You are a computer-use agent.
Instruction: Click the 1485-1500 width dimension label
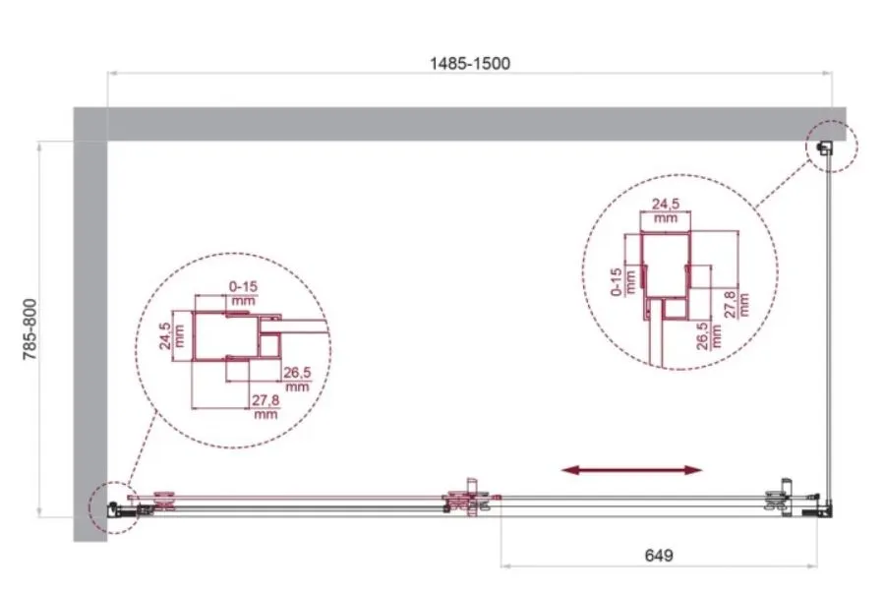470,63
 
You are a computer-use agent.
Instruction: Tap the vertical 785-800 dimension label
29,329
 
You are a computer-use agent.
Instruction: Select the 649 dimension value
658,555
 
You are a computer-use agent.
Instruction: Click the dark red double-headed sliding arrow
632,470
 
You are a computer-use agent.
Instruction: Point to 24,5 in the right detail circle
665,204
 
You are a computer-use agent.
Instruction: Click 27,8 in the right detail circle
730,304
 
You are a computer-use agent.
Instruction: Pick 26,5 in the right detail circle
702,336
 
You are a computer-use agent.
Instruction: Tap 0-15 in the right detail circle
617,281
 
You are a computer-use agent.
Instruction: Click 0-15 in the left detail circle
243,286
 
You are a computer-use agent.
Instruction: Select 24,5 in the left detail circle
165,335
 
